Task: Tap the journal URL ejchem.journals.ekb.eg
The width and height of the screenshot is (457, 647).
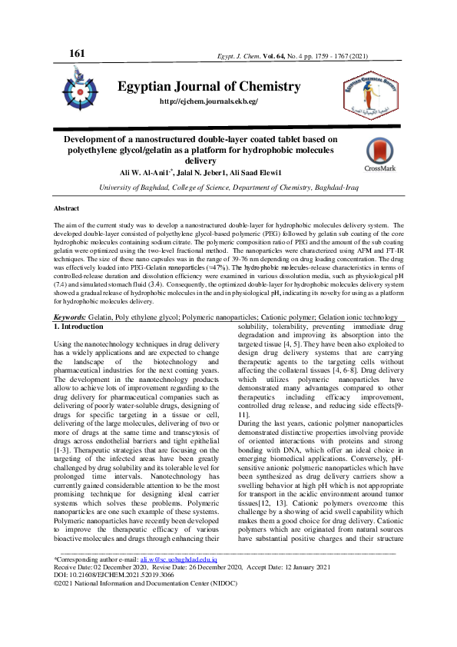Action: point(208,101)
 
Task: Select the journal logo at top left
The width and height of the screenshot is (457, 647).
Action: point(80,87)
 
